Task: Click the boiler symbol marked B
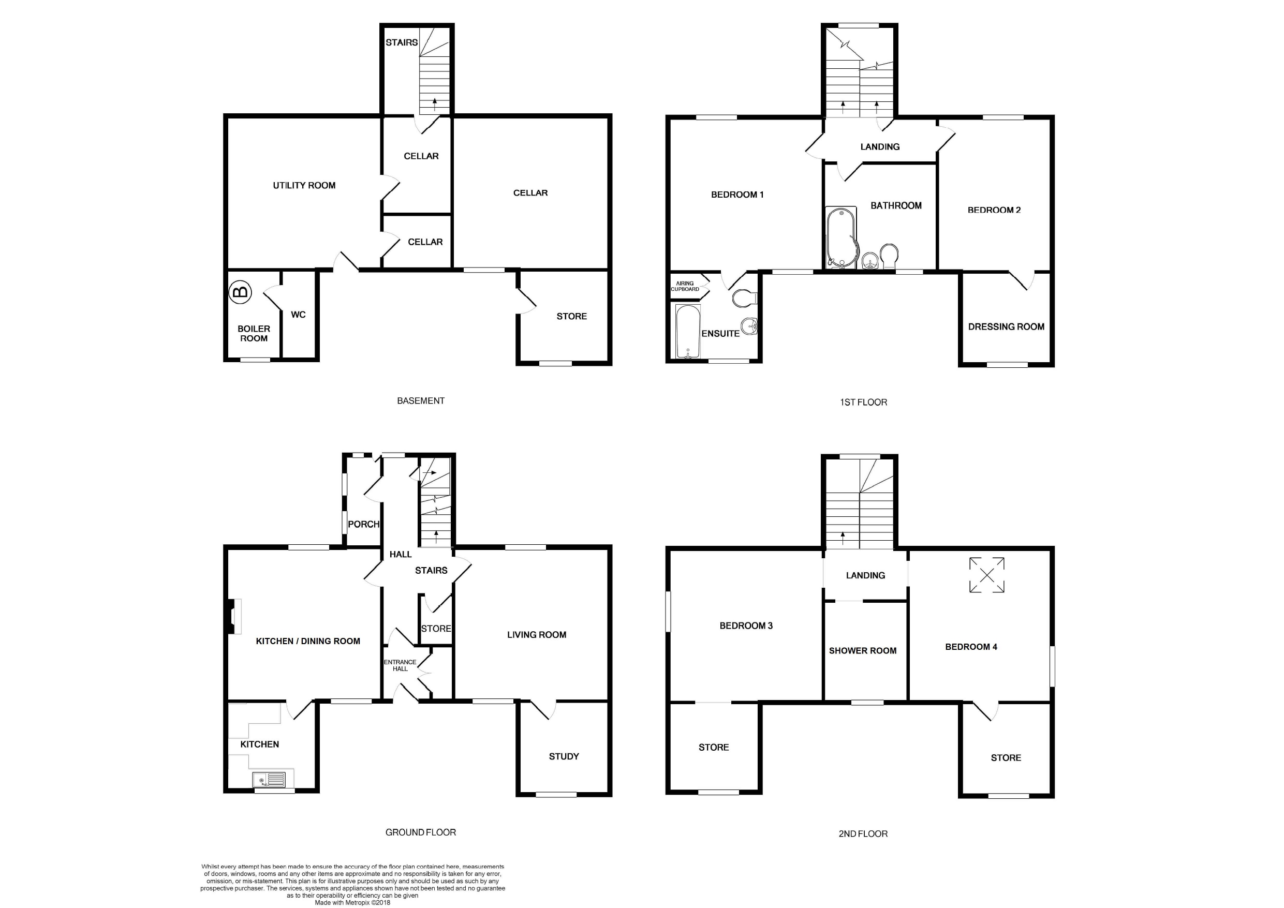pyautogui.click(x=241, y=292)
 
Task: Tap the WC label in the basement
pyautogui.click(x=298, y=315)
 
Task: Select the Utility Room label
pyautogui.click(x=304, y=186)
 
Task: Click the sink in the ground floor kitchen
pyautogui.click(x=269, y=779)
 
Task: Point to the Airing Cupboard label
pyautogui.click(x=685, y=286)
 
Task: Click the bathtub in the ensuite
pyautogui.click(x=687, y=331)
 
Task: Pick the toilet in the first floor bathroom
pyautogui.click(x=889, y=256)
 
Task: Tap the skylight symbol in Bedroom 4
pyautogui.click(x=987, y=575)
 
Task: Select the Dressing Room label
pyautogui.click(x=1006, y=326)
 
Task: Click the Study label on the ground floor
pyautogui.click(x=564, y=756)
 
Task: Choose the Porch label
pyautogui.click(x=363, y=525)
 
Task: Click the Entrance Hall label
pyautogui.click(x=400, y=665)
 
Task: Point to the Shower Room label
pyautogui.click(x=863, y=651)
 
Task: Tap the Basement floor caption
pyautogui.click(x=421, y=401)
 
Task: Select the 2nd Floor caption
pyautogui.click(x=863, y=833)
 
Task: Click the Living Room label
pyautogui.click(x=537, y=635)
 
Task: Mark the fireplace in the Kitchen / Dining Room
pyautogui.click(x=234, y=616)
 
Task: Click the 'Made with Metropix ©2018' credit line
pyautogui.click(x=352, y=902)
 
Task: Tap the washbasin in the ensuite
pyautogui.click(x=749, y=325)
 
